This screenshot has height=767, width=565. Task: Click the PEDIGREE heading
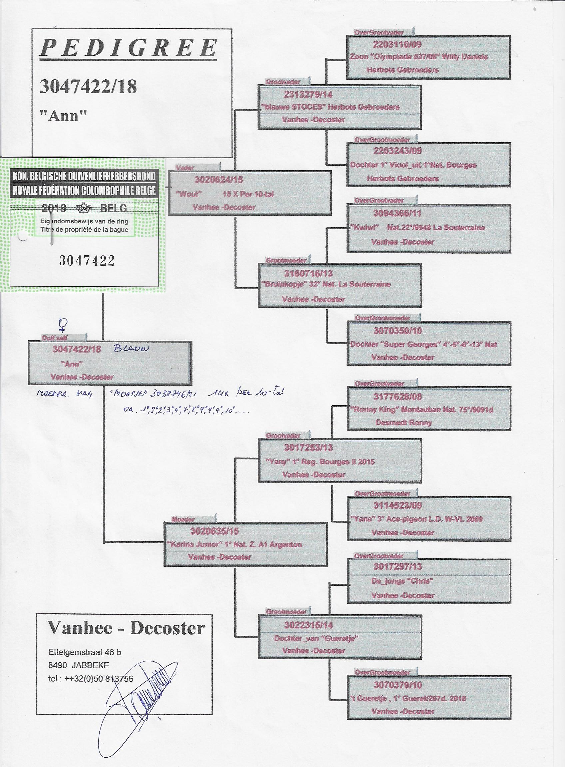pyautogui.click(x=129, y=48)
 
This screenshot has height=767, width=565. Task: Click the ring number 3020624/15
pyautogui.click(x=219, y=180)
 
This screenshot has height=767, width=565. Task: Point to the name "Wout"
pyautogui.click(x=189, y=194)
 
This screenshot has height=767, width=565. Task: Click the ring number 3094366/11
pyautogui.click(x=397, y=213)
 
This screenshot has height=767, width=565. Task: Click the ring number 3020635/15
pyautogui.click(x=215, y=531)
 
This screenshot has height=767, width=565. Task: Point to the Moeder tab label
pyautogui.click(x=183, y=519)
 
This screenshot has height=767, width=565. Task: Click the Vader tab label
pyautogui.click(x=185, y=168)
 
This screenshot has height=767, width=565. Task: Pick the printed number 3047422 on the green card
pyautogui.click(x=87, y=261)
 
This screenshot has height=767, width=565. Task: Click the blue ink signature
pyautogui.click(x=137, y=699)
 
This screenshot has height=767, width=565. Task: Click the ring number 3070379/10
pyautogui.click(x=398, y=685)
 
